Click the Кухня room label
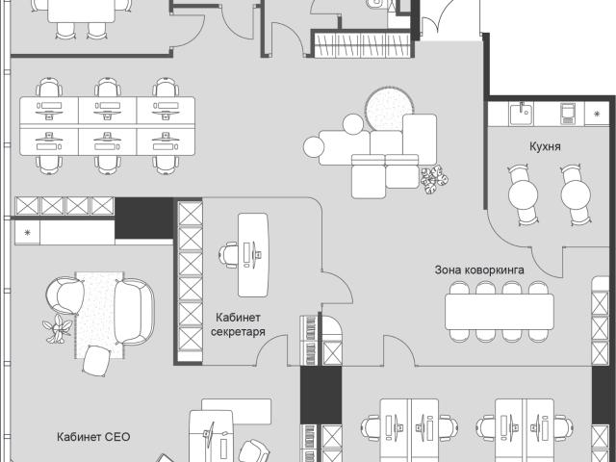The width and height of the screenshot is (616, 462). coord(545,146)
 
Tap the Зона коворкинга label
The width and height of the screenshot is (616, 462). coord(479,270)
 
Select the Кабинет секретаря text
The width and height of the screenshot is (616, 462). coord(238,324)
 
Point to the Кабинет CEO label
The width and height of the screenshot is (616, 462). coord(93,437)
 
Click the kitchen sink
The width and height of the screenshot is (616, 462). coord(521,113)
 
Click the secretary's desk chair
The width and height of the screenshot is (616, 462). coord(228,255)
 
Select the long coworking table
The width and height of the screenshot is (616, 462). coord(499,312)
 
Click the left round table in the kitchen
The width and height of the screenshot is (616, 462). coord(523,194)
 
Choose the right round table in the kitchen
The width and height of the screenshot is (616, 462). coord(576,194)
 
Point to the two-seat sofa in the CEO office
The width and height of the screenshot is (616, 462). coord(134,311)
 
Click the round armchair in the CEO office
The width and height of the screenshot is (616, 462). coord(64,295)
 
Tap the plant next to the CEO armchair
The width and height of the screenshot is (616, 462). coord(58,328)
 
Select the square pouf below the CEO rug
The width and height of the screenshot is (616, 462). coord(96,361)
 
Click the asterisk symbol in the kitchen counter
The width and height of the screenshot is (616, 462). coord(597,114)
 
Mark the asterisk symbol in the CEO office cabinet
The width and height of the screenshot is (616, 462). coord(27,232)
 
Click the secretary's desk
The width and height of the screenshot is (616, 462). coord(253,255)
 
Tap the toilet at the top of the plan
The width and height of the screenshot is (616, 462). coord(376,4)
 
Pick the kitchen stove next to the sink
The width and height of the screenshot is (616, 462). coord(568,113)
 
